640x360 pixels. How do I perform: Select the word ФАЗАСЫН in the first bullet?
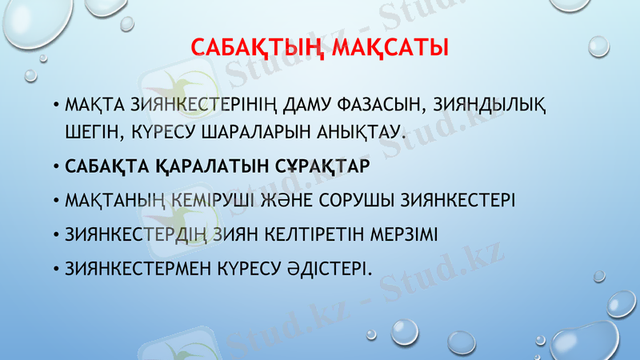pyautogui.click(x=387, y=104)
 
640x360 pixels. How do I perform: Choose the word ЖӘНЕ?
pyautogui.click(x=290, y=199)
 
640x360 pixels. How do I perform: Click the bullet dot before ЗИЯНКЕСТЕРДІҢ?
pyautogui.click(x=56, y=235)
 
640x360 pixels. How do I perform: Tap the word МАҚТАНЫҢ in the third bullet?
pyautogui.click(x=111, y=199)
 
